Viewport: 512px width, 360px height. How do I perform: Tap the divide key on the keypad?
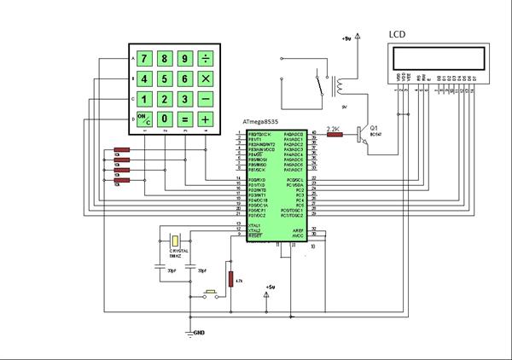(206, 59)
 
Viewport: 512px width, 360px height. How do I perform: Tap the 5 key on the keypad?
(165, 78)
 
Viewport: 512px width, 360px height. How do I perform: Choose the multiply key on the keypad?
(206, 78)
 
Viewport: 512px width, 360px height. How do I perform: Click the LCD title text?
(398, 34)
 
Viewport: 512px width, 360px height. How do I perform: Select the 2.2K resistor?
(335, 134)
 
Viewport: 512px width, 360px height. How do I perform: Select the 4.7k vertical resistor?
(230, 279)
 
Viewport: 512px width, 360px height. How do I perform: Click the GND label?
(200, 333)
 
